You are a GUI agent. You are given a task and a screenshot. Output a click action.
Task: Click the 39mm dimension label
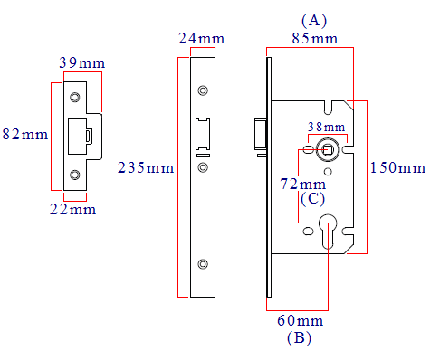pyautogui.click(x=82, y=62)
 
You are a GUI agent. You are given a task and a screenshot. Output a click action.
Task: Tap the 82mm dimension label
pyautogui.click(x=25, y=134)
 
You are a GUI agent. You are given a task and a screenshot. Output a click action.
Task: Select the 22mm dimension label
pyautogui.click(x=73, y=209)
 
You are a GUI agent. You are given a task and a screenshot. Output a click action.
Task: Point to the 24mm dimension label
pyautogui.click(x=201, y=38)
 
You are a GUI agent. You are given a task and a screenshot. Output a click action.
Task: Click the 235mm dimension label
pyautogui.click(x=146, y=167)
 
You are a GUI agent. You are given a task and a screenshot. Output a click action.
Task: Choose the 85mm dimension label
pyautogui.click(x=315, y=38)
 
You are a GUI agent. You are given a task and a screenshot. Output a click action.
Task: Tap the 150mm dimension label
pyautogui.click(x=397, y=167)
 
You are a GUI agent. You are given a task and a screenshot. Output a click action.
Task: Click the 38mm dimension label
pyautogui.click(x=327, y=127)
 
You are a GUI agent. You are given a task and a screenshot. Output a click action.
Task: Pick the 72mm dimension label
pyautogui.click(x=303, y=184)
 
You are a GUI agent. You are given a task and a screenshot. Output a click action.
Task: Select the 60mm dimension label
pyautogui.click(x=301, y=320)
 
